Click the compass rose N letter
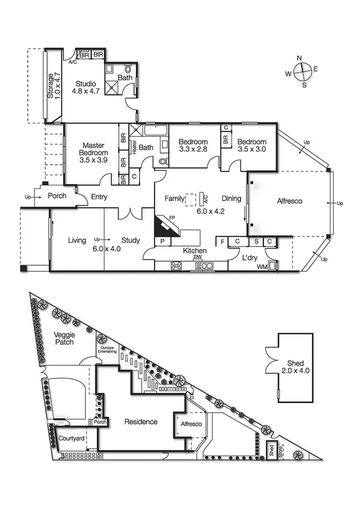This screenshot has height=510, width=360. pos(299,58)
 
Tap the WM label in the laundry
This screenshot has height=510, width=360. pos(261,266)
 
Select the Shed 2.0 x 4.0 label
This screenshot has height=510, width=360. pos(295,366)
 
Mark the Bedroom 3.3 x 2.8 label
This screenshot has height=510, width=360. pos(193,146)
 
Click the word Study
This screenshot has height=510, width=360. pos(130,241)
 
